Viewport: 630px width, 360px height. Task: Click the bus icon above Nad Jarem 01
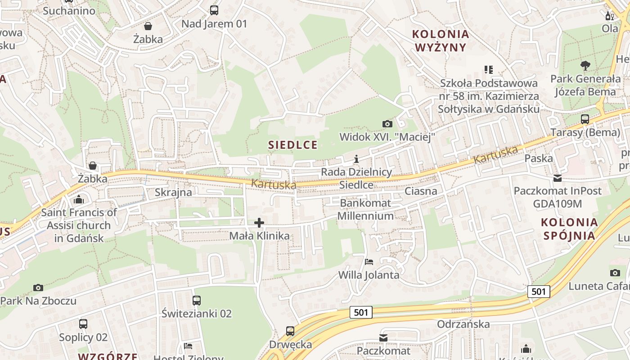point(214,10)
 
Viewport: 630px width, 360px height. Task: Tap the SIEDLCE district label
point(293,145)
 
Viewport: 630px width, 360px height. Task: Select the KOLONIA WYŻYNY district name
point(441,40)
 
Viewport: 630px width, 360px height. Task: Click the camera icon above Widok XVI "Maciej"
point(387,124)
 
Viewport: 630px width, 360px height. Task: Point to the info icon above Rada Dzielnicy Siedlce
point(356,159)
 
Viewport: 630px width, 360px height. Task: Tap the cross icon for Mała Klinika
point(259,222)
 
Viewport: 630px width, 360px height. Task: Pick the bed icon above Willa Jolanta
point(369,261)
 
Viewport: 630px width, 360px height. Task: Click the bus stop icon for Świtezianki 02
point(197,301)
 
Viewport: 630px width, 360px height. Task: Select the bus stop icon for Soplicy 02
point(83,324)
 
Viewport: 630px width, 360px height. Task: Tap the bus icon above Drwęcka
point(290,331)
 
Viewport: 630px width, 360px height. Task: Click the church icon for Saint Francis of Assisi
point(79,199)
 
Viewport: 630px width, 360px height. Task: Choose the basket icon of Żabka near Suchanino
point(148,26)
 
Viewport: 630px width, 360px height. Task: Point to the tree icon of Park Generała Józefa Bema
point(585,66)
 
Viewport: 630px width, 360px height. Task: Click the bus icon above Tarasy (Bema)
point(585,119)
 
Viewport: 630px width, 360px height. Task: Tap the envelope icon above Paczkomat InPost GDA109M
point(558,178)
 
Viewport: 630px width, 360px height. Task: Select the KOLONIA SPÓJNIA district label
point(569,229)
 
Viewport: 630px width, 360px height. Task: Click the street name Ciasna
point(421,191)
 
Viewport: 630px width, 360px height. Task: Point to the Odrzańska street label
point(463,324)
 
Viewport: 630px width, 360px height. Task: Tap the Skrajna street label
point(173,193)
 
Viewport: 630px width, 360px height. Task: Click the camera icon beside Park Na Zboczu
point(38,288)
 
